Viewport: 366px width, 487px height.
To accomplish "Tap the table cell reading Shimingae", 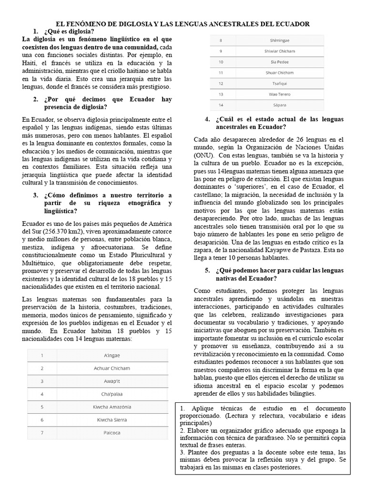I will click(279, 40).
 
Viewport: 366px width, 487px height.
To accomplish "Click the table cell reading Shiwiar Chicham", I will click(279, 51).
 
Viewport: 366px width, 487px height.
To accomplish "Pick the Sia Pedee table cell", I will click(279, 62).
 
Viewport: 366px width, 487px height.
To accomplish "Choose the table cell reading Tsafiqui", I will click(279, 83).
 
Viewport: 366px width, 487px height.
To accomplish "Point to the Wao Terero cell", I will click(279, 94).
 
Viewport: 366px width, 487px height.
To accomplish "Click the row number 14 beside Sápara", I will click(221, 105).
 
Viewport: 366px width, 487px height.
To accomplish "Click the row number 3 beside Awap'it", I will click(42, 381).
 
